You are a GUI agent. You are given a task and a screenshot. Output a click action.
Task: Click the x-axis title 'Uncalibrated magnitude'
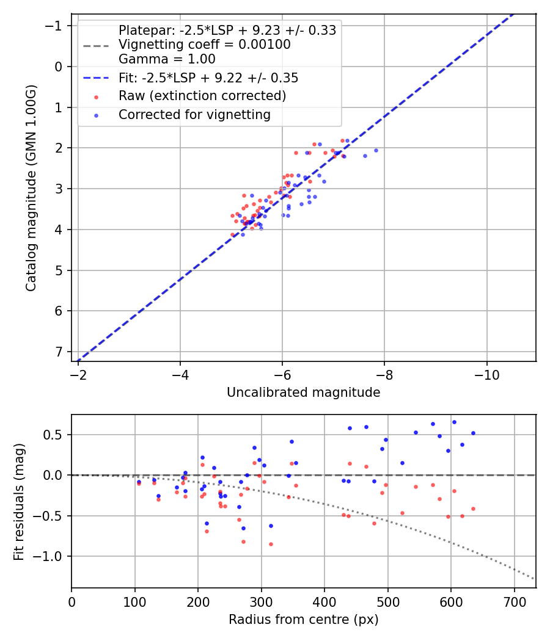click(303, 393)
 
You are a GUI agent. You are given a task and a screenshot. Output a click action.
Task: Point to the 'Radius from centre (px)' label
click(303, 620)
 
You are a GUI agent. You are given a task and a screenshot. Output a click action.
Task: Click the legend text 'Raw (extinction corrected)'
click(202, 96)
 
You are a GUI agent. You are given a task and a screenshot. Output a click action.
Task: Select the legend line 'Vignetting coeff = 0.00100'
click(205, 45)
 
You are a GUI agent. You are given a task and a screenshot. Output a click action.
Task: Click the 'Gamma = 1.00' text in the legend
click(167, 59)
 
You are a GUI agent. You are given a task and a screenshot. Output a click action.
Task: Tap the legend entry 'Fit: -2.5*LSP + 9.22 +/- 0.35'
click(208, 78)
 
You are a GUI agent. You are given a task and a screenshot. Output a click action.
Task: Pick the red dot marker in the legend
click(96, 96)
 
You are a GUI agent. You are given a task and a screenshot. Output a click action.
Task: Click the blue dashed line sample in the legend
click(96, 78)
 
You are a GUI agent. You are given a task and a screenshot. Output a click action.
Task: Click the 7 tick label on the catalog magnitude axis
click(58, 352)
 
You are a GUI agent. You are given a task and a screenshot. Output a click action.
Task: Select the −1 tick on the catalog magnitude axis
click(55, 26)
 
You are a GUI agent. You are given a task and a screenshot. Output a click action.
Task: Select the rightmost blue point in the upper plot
click(376, 150)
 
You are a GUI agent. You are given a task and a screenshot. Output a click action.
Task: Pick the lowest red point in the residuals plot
click(271, 544)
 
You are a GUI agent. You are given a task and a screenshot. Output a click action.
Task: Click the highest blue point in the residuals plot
click(454, 422)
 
